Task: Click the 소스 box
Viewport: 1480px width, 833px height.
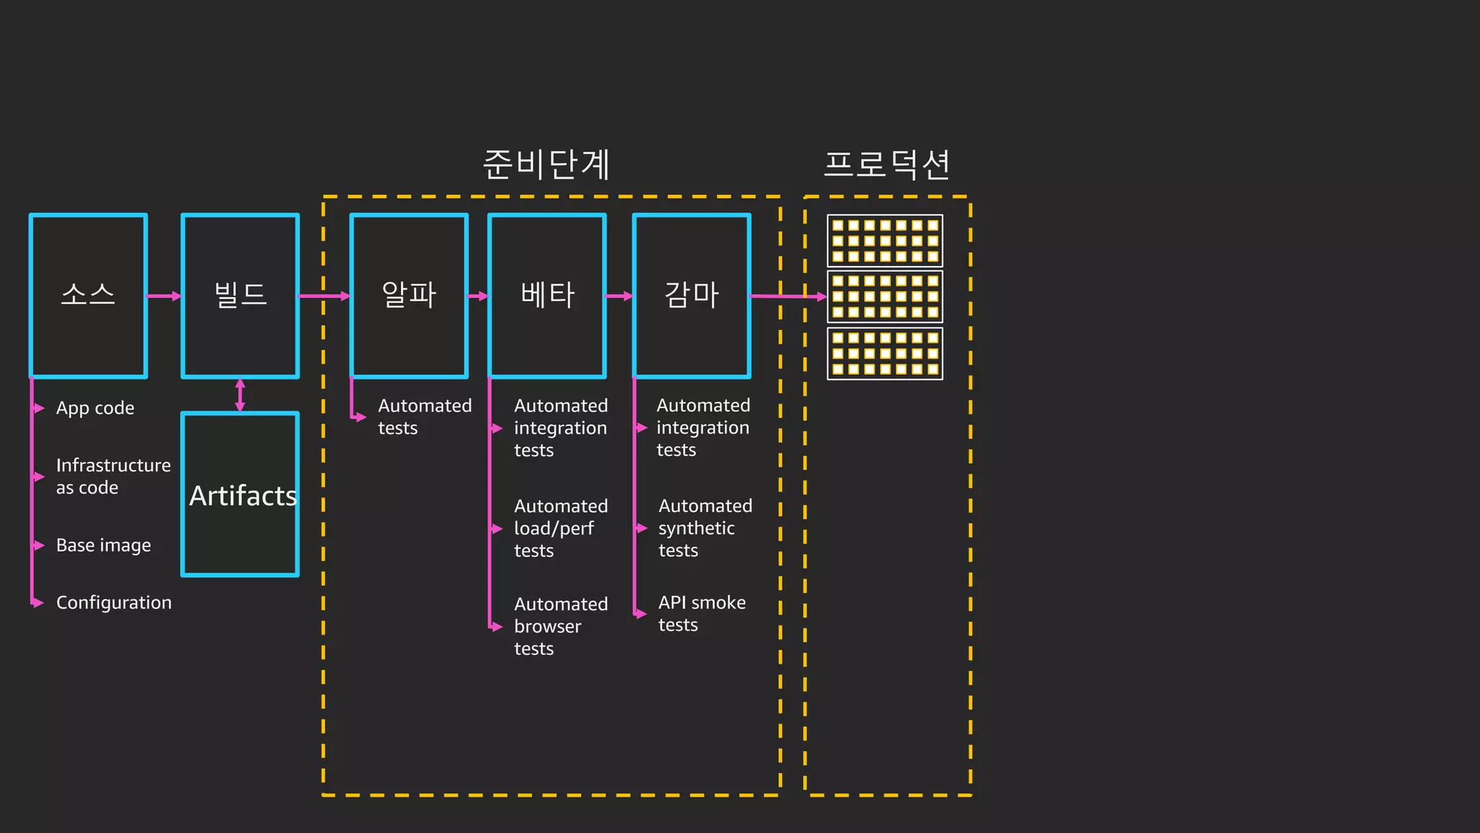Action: (x=88, y=296)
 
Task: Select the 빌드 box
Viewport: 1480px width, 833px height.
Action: (x=240, y=296)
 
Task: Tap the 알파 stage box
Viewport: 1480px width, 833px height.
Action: (x=409, y=296)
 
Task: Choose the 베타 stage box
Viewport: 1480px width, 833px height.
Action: (x=547, y=296)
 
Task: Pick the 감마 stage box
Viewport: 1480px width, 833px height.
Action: (x=692, y=296)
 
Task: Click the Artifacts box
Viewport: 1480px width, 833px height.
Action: (x=240, y=495)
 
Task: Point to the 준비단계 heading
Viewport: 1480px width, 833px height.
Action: (x=546, y=164)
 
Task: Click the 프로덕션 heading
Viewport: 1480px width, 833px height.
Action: (x=887, y=164)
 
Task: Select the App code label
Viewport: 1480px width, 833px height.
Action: (x=95, y=409)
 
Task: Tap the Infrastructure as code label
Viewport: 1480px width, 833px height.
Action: (x=112, y=476)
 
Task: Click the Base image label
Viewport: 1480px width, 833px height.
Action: (x=103, y=545)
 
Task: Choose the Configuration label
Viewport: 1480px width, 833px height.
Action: (x=113, y=602)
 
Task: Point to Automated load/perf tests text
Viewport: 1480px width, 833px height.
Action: (x=560, y=528)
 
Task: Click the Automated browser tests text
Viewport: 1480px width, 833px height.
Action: (x=560, y=626)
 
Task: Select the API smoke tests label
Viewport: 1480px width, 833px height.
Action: (x=701, y=613)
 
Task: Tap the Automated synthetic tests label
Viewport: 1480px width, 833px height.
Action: (x=705, y=528)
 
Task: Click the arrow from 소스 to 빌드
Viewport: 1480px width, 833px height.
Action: (x=164, y=296)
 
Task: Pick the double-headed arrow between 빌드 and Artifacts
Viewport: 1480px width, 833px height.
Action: (x=240, y=395)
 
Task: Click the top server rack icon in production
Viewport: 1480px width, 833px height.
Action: (x=885, y=241)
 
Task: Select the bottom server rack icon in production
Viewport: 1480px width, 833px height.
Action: (x=885, y=354)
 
